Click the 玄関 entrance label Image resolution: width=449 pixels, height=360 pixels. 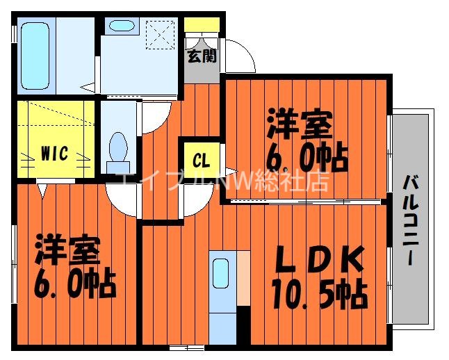201,56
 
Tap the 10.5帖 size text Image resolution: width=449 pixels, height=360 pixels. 319,297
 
